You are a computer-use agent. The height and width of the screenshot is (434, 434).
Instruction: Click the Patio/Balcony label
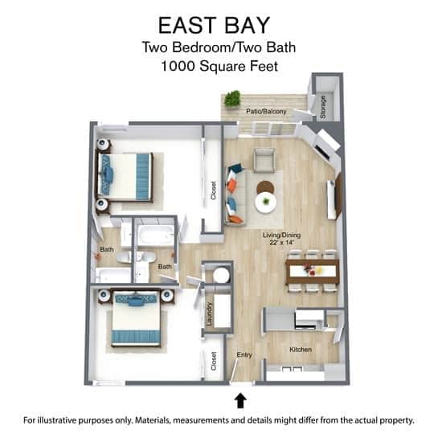pos(266,111)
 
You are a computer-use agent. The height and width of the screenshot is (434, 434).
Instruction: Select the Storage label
pos(323,107)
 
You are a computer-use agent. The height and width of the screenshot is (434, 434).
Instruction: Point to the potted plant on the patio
pos(232,99)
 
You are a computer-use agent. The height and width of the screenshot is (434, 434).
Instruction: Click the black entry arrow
pos(240,399)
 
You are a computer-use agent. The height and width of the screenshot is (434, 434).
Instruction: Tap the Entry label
pos(244,354)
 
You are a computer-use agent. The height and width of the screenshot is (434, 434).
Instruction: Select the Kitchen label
pos(301,350)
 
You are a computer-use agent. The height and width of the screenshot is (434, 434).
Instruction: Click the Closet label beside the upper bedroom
pos(214,190)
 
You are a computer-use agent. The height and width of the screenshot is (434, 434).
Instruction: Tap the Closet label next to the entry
pos(214,362)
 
